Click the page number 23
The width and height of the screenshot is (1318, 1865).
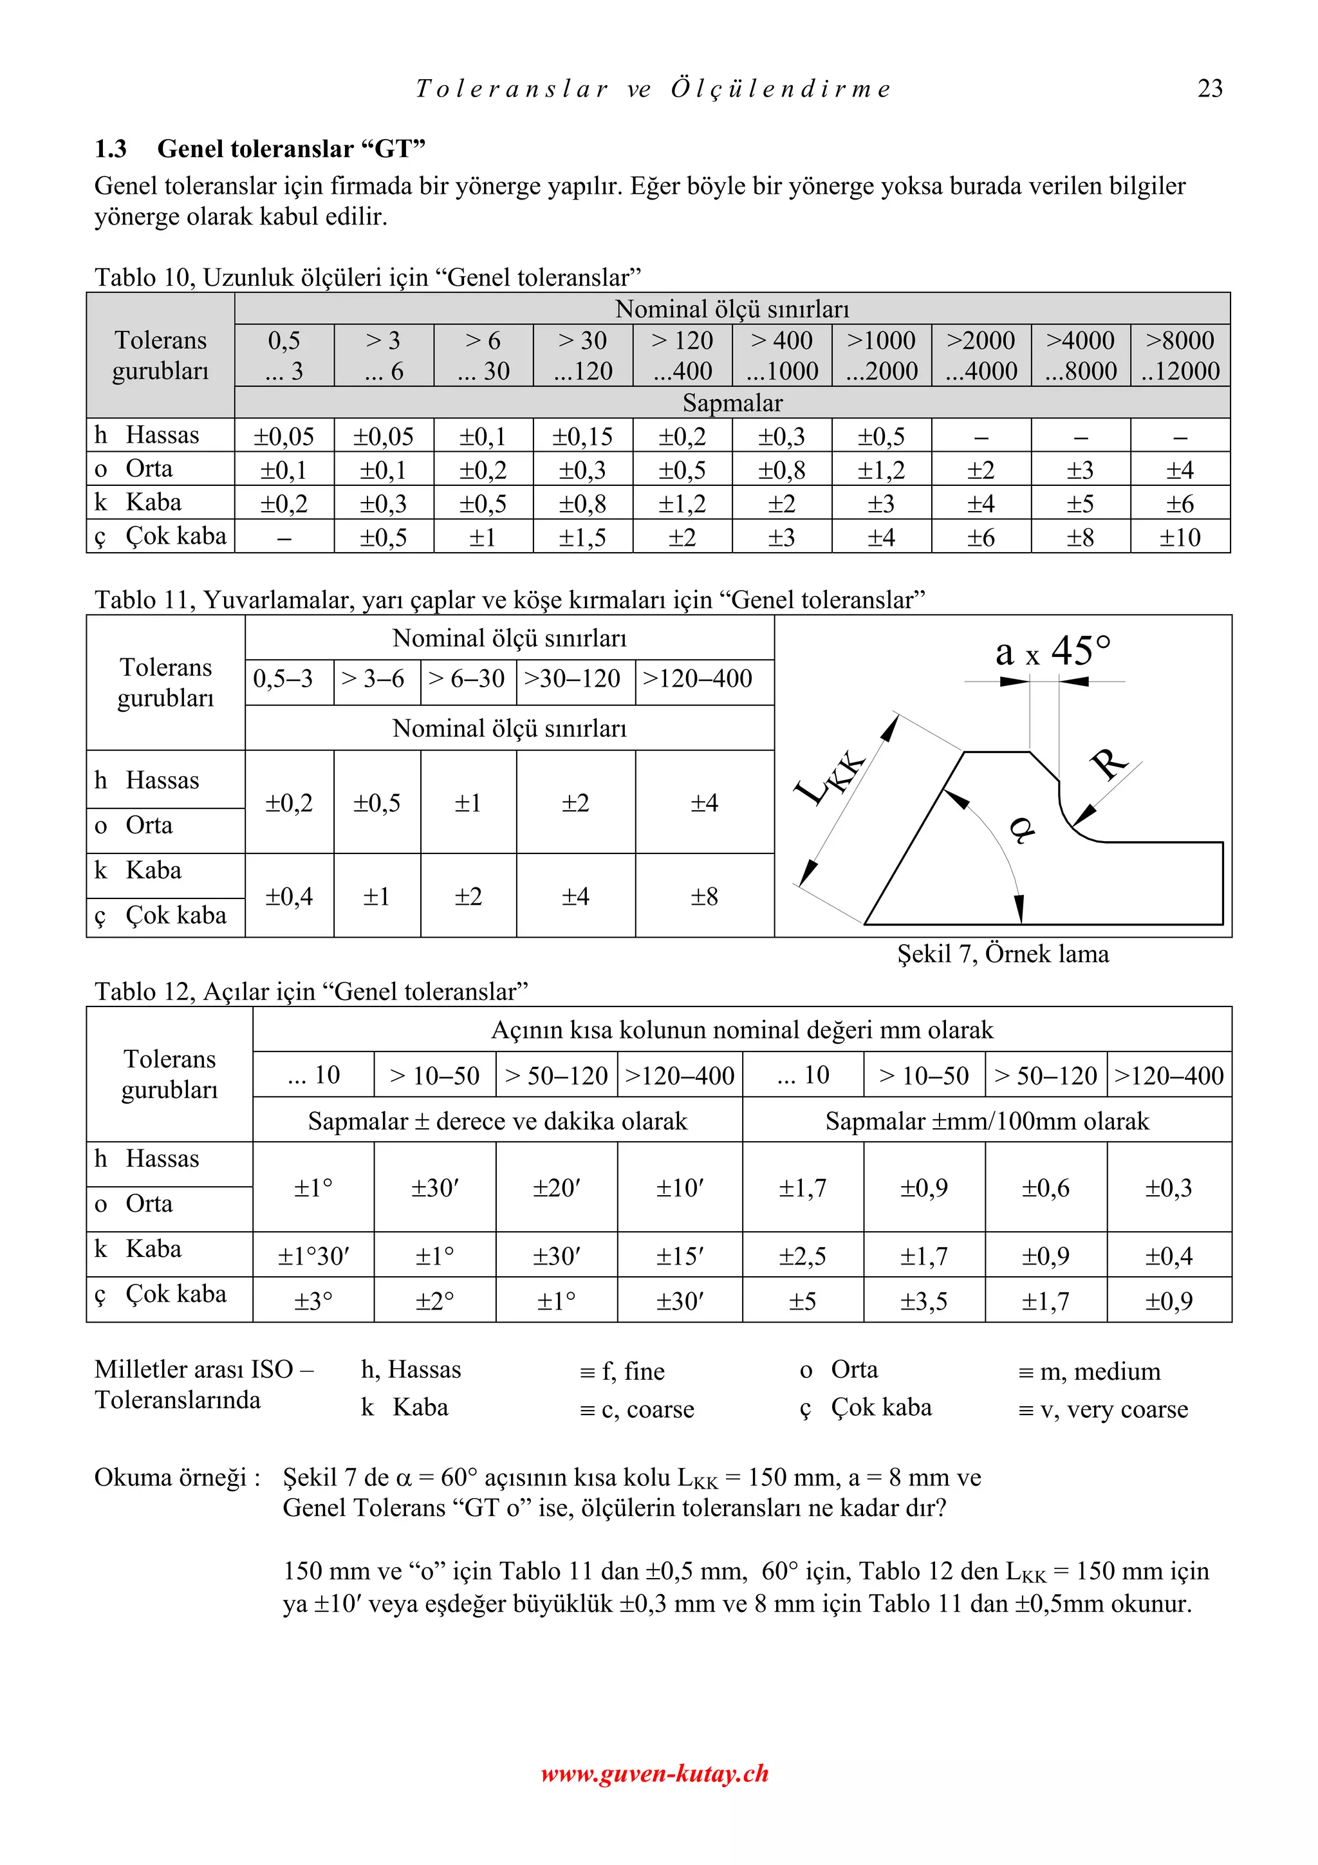[1209, 88]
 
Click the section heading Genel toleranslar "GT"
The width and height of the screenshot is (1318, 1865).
[291, 149]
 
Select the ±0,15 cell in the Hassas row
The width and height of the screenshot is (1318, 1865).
[582, 436]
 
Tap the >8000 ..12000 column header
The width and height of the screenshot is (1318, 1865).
[1180, 355]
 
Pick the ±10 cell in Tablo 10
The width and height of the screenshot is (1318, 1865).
[1179, 537]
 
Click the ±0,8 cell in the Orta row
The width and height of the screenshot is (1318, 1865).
[781, 470]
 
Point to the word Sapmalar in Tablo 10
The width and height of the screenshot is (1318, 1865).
[732, 403]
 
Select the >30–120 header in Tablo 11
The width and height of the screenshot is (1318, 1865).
[573, 678]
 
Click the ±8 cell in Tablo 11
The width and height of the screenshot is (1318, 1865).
[704, 896]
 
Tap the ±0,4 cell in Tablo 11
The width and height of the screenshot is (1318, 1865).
[289, 896]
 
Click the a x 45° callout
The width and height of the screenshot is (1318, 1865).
[1052, 651]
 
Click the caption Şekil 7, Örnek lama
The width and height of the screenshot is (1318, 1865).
[1002, 954]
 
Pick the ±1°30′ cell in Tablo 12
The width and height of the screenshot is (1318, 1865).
[313, 1257]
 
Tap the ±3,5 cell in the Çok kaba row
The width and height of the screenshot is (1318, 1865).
[924, 1301]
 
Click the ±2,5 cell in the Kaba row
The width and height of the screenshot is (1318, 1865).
[803, 1257]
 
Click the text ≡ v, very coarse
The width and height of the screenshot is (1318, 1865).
[1102, 1409]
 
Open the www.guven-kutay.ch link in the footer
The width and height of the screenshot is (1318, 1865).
[654, 1772]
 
